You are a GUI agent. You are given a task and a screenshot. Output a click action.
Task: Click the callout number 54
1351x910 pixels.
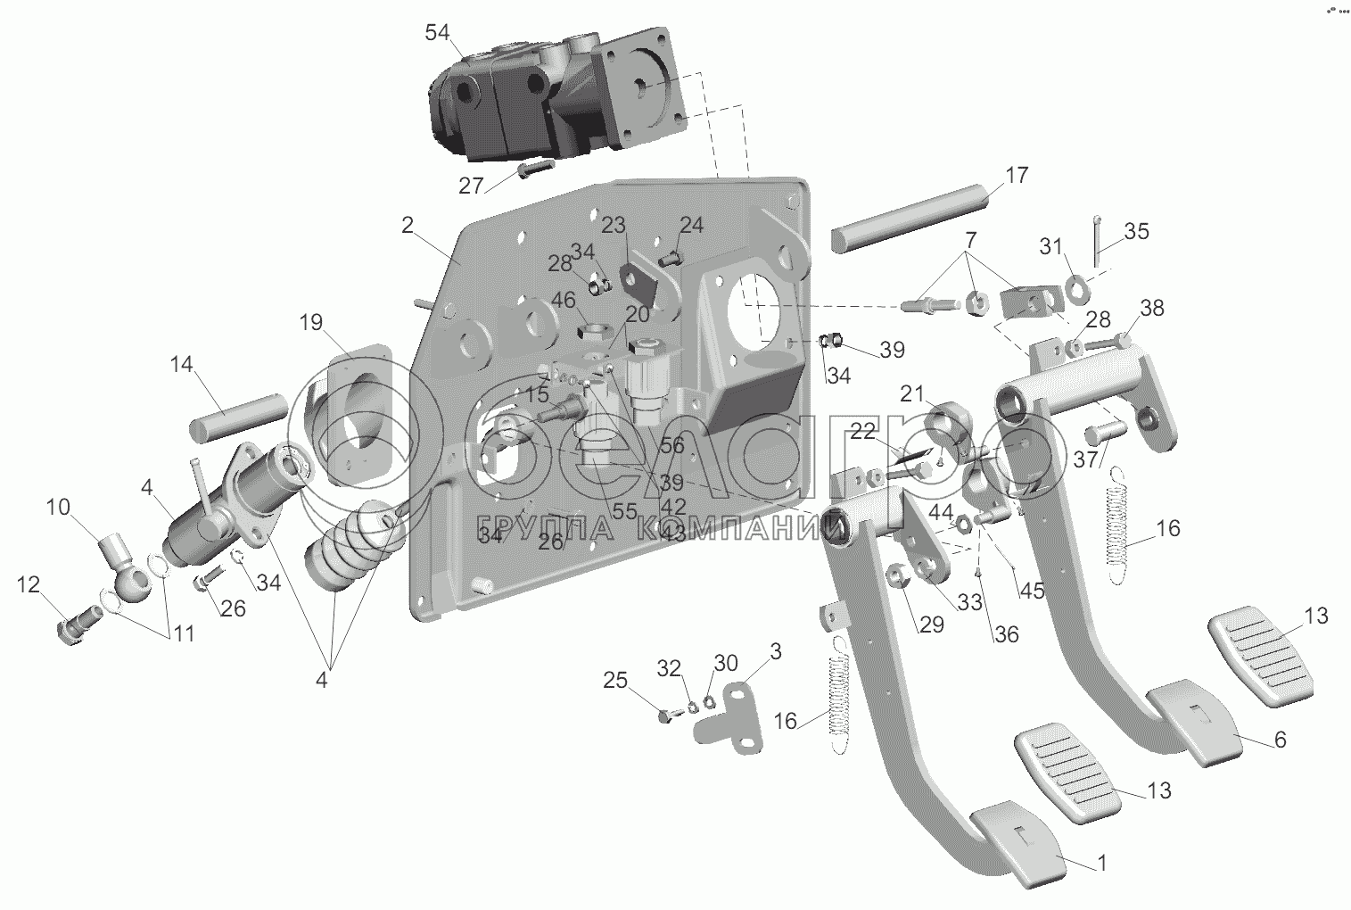pos(437,33)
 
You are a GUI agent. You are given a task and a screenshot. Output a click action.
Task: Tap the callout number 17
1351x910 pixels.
pos(1017,175)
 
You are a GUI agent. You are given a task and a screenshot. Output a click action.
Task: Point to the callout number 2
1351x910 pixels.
pos(407,225)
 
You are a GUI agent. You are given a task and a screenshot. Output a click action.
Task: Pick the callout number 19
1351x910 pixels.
pos(311,322)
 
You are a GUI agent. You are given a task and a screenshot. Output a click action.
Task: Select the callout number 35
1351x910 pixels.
pos(1136,231)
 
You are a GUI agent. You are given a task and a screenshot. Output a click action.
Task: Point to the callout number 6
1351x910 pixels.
pos(1281,740)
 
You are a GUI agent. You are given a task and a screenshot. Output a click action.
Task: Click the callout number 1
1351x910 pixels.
pos(1101,863)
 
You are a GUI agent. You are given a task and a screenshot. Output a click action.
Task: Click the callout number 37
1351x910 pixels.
pos(1084,459)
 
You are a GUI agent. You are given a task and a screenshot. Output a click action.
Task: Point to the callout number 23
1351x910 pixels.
pos(613,226)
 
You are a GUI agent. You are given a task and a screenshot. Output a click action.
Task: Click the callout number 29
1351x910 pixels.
pos(931,625)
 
